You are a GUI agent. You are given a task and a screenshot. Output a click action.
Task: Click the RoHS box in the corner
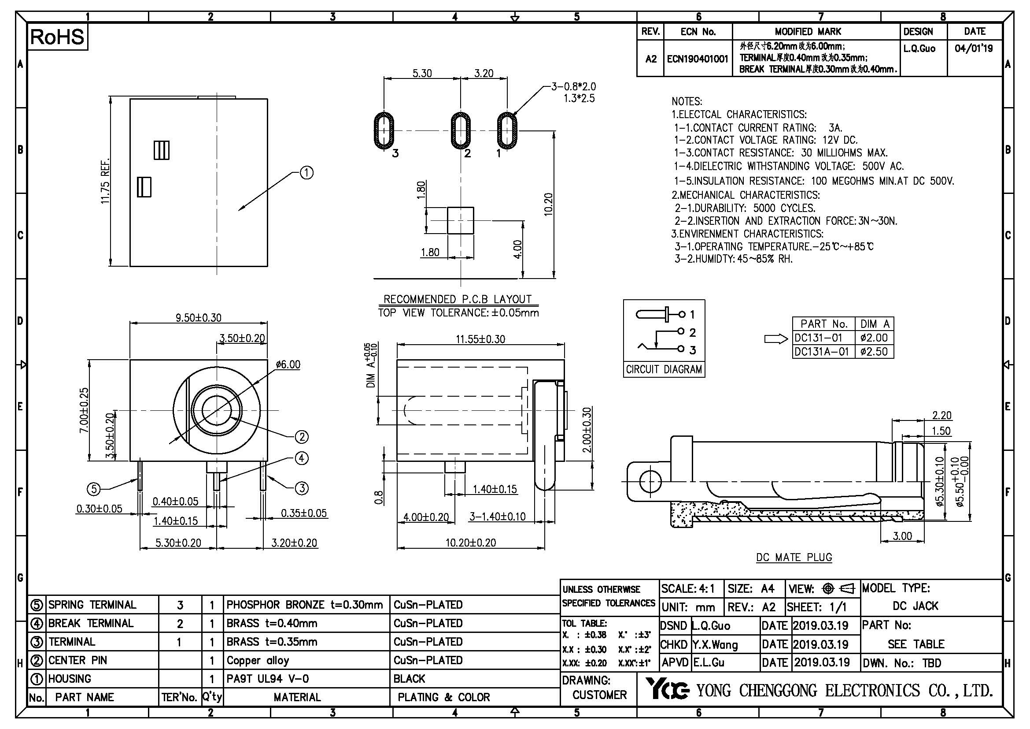point(57,37)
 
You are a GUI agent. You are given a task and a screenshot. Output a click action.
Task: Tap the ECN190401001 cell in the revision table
point(698,59)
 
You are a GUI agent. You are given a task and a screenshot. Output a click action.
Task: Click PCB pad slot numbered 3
point(384,130)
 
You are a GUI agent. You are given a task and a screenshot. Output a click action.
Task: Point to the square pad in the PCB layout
point(461,220)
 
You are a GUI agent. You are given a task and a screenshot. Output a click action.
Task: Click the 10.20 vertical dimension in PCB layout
point(548,204)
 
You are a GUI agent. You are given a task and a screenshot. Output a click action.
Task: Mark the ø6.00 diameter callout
point(288,364)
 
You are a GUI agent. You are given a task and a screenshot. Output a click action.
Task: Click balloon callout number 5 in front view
point(93,489)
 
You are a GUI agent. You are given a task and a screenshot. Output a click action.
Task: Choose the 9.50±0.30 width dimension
point(198,318)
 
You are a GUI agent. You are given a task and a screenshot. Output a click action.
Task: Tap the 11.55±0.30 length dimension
point(480,339)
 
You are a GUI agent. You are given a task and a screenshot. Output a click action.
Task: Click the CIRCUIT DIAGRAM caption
point(664,369)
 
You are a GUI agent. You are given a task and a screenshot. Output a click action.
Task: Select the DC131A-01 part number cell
point(822,351)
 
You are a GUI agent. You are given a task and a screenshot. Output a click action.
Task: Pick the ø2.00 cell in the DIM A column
point(874,338)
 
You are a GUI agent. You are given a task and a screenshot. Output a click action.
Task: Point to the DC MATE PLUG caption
point(794,558)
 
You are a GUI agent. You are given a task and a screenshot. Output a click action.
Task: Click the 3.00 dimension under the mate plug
point(902,536)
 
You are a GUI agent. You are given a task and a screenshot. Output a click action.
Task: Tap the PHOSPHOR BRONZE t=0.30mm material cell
point(305,605)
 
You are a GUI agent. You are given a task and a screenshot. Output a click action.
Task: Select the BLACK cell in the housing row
point(409,679)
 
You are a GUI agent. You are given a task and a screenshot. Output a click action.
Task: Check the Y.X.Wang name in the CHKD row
point(715,645)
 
